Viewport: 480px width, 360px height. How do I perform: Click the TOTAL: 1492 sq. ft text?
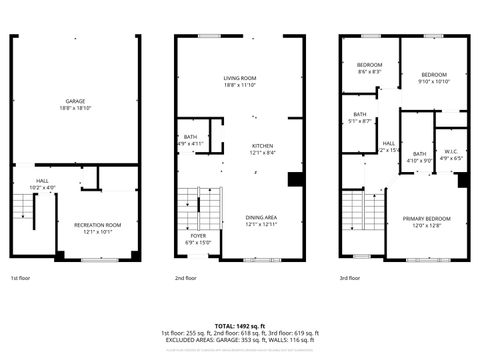click(x=240, y=326)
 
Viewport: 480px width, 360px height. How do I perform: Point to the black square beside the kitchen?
click(x=295, y=180)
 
